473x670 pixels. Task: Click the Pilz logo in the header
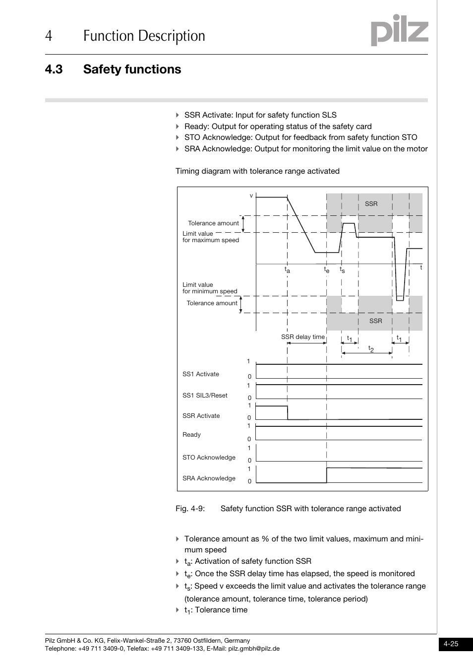[x=399, y=31]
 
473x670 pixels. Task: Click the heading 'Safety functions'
[x=132, y=69]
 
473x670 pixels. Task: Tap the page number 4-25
[x=451, y=644]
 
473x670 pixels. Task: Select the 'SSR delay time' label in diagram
[x=302, y=337]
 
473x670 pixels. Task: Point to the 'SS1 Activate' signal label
[x=200, y=374]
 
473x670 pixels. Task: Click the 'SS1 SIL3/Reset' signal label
[x=205, y=396]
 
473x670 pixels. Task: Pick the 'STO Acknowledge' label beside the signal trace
[x=209, y=458]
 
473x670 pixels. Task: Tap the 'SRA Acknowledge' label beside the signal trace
[x=209, y=478]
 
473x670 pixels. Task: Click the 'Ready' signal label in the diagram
[x=191, y=435]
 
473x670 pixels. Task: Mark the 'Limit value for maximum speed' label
[x=210, y=237]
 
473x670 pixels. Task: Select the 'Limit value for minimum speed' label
[x=210, y=288]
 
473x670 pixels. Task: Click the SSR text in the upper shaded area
[x=371, y=204]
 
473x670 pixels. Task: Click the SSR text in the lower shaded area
[x=375, y=321]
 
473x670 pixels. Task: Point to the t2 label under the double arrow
[x=370, y=349]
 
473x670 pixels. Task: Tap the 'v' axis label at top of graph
[x=251, y=196]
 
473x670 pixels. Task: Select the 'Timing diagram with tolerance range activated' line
[x=257, y=171]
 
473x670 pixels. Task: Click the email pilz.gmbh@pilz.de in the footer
[x=253, y=649]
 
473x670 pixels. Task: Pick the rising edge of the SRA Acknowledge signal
[x=327, y=475]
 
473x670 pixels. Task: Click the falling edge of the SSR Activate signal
[x=288, y=412]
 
